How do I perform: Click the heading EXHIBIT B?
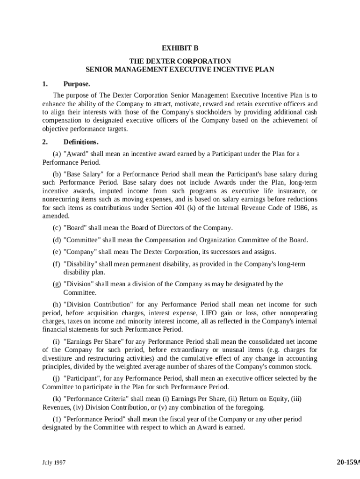click(x=180, y=48)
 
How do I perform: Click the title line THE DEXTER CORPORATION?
click(x=180, y=61)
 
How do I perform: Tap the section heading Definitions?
click(x=81, y=142)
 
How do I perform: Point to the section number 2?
click(x=45, y=142)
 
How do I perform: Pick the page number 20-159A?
click(x=348, y=463)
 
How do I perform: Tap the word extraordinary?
click(x=210, y=350)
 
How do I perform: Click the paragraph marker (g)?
click(x=57, y=284)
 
